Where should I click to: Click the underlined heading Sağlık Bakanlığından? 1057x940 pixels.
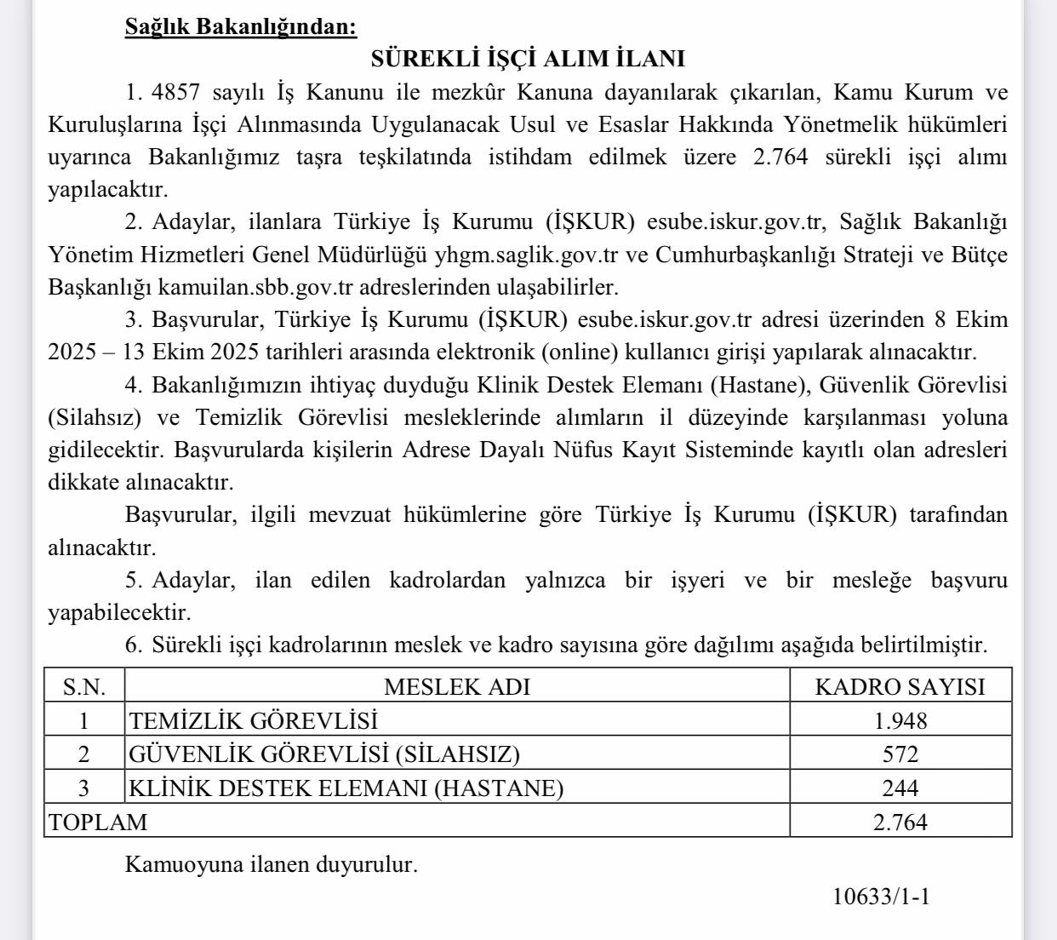241,26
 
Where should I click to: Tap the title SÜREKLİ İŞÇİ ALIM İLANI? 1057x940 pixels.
528,59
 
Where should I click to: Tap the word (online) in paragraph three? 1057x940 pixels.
587,352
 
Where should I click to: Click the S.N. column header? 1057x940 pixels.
84,686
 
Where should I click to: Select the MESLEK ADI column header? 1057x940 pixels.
457,686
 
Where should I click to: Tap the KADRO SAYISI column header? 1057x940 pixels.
900,686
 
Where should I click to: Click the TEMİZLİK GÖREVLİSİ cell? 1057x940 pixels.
253,720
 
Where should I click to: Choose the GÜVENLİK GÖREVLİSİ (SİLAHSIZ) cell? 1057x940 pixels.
324,754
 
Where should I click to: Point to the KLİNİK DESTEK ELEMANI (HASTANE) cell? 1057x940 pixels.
346,788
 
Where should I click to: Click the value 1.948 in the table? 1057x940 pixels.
900,720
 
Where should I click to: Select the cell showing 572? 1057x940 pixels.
900,754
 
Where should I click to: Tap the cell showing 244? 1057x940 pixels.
900,788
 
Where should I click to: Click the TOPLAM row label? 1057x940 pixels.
98,822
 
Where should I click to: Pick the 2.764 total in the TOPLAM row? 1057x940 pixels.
900,822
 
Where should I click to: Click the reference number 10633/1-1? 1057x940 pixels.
881,896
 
